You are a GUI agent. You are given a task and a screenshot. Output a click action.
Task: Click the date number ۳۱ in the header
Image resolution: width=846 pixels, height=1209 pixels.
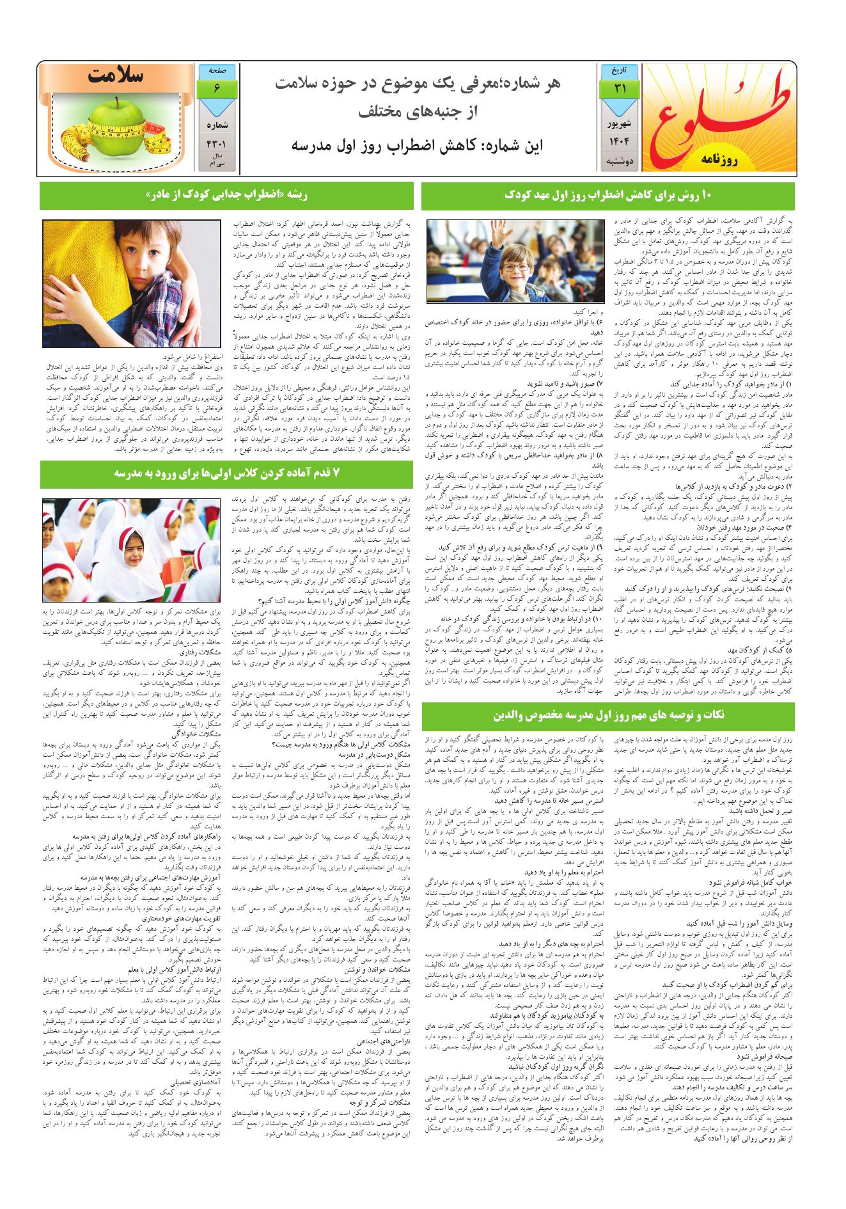[620, 90]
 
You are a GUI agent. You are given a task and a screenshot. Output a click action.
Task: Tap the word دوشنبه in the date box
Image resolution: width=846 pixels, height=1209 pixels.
[620, 162]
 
